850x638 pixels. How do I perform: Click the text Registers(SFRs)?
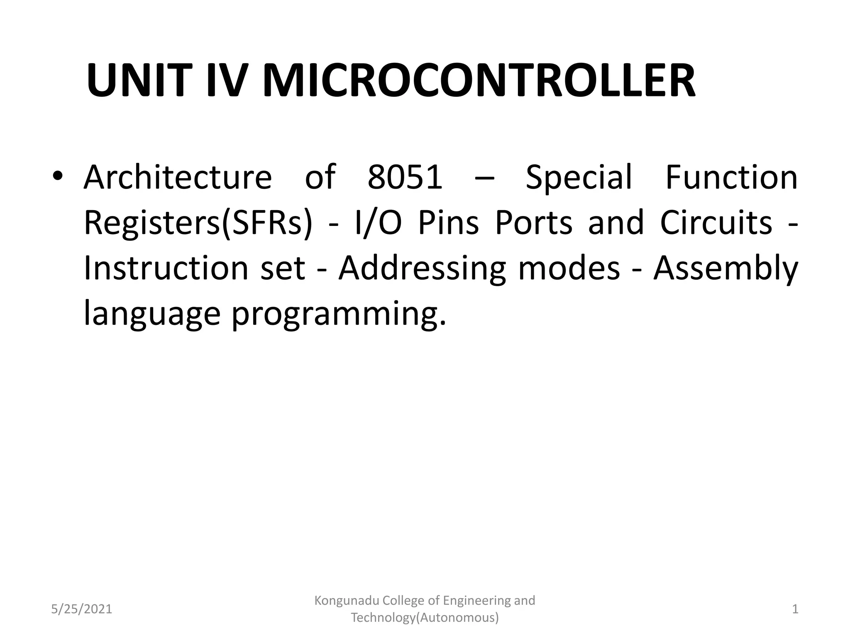coord(198,223)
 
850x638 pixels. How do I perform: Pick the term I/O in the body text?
coord(379,223)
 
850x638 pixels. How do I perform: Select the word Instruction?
coord(166,268)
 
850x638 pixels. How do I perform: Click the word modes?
coord(569,268)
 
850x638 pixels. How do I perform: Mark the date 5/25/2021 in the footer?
coord(82,609)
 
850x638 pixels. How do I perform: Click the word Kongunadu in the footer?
coord(346,601)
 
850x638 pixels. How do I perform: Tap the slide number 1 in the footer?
coord(795,609)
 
